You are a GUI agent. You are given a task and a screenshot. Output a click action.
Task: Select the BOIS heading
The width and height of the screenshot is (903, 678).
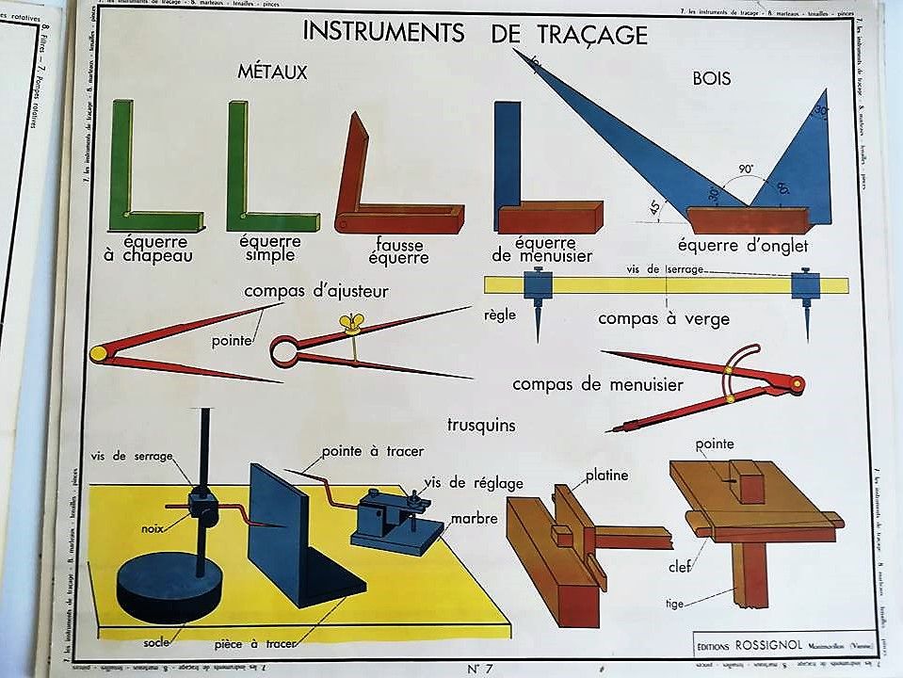coord(711,79)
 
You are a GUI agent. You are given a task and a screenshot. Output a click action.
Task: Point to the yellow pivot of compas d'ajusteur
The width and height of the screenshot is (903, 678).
coord(98,354)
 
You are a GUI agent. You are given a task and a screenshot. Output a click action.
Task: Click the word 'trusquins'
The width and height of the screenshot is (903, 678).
coord(481,425)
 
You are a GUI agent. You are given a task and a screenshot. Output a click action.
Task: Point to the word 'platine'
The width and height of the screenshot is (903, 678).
coord(606,476)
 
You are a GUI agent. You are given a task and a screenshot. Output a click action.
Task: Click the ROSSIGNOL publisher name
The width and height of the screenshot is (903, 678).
coord(775,645)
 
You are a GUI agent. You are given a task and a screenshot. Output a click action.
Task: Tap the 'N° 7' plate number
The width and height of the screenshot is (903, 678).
coord(479,669)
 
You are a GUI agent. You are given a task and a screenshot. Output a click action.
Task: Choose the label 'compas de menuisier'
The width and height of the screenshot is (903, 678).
coord(599,384)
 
